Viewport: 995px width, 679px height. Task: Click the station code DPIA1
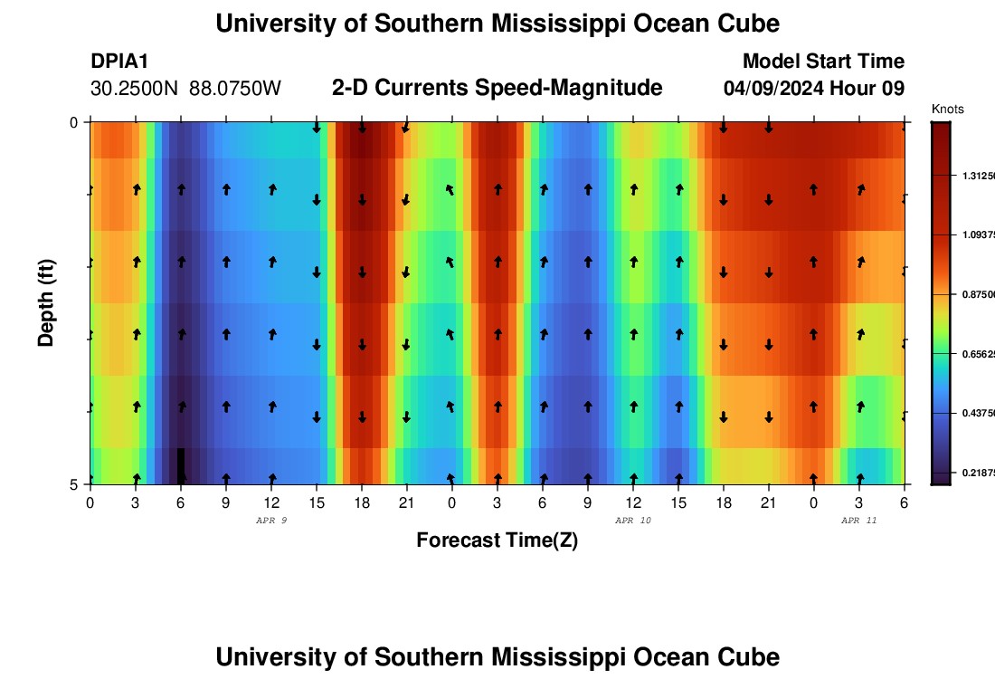click(119, 62)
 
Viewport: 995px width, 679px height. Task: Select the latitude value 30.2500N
click(136, 89)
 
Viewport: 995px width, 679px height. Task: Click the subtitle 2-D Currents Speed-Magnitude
click(497, 88)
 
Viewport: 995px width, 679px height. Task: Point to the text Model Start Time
click(823, 62)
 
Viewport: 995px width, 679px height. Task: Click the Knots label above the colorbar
click(948, 110)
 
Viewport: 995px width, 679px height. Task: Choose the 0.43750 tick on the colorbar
click(978, 414)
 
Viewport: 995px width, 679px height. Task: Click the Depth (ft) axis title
click(46, 302)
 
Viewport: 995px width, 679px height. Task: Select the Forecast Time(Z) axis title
click(497, 540)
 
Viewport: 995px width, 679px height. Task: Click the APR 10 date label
click(632, 521)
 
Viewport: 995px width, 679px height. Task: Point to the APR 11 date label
click(858, 521)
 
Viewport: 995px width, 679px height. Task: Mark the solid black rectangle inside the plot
click(181, 464)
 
